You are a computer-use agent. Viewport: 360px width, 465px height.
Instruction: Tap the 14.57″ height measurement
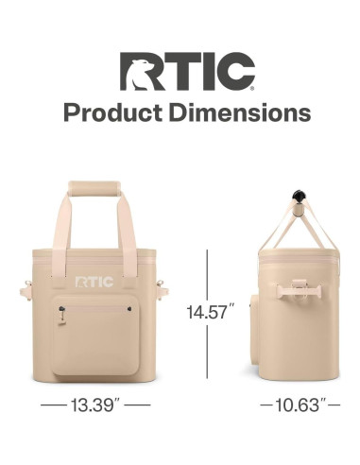pyautogui.click(x=210, y=312)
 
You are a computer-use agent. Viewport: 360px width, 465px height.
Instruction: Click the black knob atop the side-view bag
pyautogui.click(x=300, y=195)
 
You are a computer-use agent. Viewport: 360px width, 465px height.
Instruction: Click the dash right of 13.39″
pyautogui.click(x=138, y=405)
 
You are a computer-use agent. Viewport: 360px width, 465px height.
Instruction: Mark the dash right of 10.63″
pyautogui.click(x=334, y=405)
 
